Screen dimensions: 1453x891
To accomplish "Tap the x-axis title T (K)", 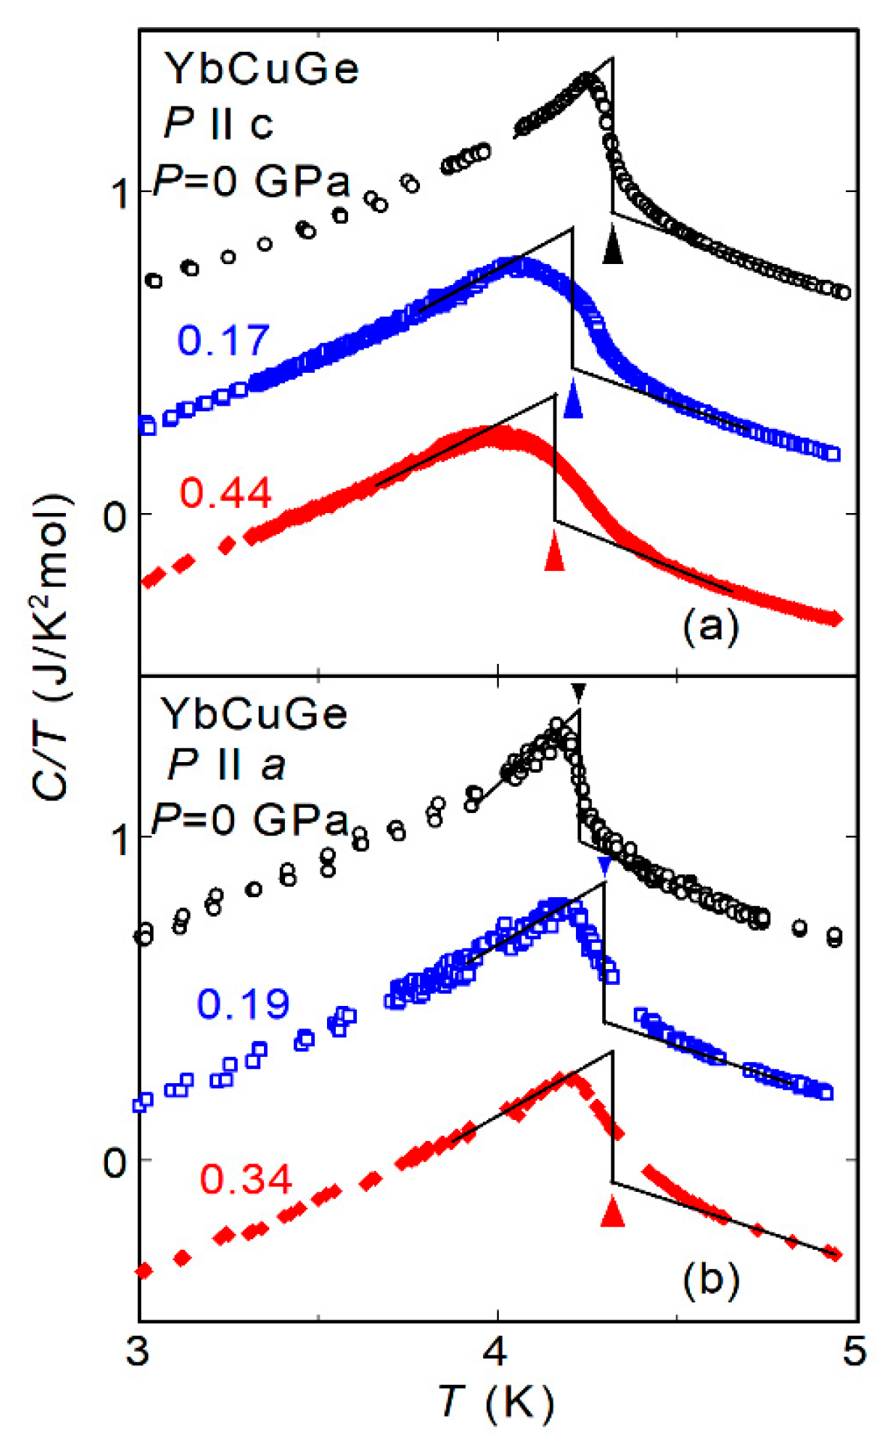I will [x=496, y=1400].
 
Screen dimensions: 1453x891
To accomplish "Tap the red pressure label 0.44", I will [x=225, y=493].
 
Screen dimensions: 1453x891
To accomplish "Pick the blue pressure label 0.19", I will [x=243, y=1003].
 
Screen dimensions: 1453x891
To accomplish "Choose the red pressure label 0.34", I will [x=245, y=1178].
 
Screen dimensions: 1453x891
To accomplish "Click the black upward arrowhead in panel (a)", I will [x=613, y=248].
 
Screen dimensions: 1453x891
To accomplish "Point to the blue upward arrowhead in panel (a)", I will [x=573, y=398].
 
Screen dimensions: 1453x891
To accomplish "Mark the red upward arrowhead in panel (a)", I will [x=554, y=551].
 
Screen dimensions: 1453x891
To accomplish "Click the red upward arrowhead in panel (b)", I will [x=613, y=1210].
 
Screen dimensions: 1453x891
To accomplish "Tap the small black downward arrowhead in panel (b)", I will [x=578, y=691].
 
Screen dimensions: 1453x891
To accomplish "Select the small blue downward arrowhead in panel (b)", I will [x=604, y=866].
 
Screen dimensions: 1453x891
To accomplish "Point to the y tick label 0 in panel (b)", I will [x=115, y=1162].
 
